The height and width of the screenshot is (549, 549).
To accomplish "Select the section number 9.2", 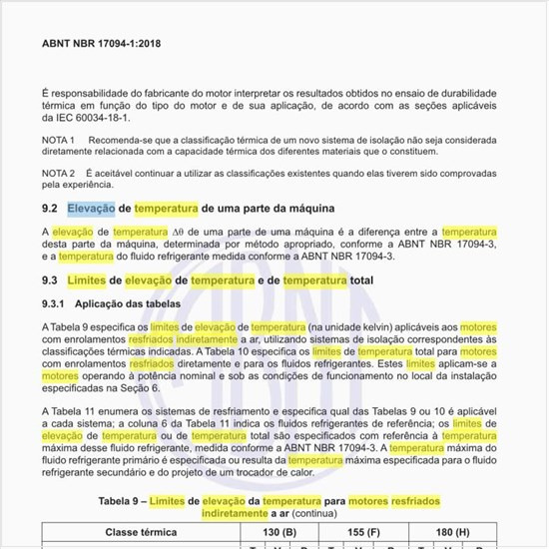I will coord(49,210).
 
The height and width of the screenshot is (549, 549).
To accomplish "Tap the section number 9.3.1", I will coord(53,302).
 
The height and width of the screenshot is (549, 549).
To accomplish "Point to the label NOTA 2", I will coord(59,173).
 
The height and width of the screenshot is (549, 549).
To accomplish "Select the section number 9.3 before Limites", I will coord(49,280).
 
